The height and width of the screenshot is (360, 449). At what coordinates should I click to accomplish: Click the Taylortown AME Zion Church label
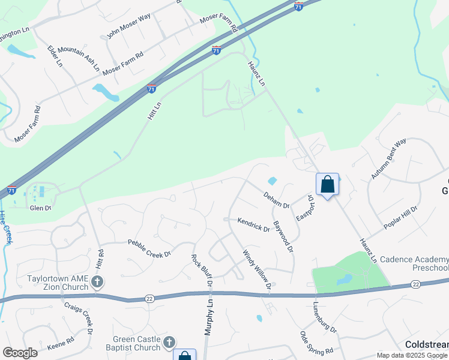57,283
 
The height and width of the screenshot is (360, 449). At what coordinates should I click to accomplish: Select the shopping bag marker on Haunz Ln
328,184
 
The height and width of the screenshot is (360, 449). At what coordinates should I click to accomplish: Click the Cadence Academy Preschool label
414,263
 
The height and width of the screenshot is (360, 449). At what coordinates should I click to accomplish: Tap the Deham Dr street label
276,200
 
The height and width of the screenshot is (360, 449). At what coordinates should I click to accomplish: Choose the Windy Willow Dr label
257,272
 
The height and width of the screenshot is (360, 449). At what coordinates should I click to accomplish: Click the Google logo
20,352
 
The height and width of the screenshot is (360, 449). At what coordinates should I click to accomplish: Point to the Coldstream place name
426,345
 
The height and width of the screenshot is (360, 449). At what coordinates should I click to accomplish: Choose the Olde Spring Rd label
316,343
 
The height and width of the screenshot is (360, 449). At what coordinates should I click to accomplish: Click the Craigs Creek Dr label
78,317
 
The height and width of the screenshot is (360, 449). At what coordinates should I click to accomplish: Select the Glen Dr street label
41,208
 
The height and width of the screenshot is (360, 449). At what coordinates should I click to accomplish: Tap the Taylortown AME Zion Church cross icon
98,282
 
